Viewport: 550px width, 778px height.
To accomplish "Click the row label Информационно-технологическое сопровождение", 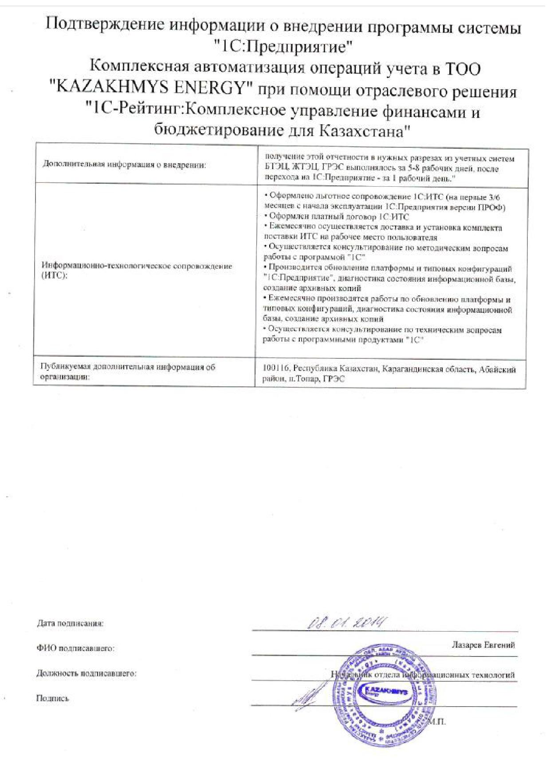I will [x=137, y=266].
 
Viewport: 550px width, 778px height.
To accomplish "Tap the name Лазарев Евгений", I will [x=483, y=645].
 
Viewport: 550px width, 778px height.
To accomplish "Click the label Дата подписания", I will [x=70, y=623].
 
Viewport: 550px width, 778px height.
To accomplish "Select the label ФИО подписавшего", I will [x=75, y=648].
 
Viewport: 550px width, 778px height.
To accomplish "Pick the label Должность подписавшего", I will [x=86, y=673].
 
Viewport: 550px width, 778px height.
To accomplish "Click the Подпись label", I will [x=52, y=698].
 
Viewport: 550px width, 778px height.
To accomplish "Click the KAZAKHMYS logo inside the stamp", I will [x=385, y=691].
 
